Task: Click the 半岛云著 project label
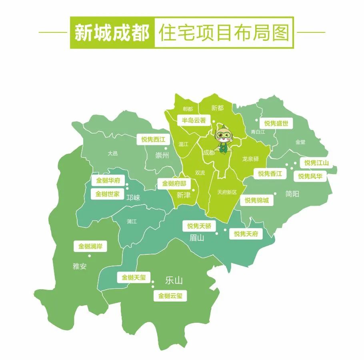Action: [x=194, y=120]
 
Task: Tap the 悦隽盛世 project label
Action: [x=276, y=124]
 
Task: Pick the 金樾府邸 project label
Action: [x=174, y=184]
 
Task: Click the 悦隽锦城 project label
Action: [x=257, y=200]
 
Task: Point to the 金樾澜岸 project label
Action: [x=90, y=246]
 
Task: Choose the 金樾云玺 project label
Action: [x=170, y=296]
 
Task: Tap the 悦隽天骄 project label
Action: [x=199, y=226]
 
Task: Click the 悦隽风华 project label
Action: [x=310, y=176]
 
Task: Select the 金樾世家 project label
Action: [x=107, y=194]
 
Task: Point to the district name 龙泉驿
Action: [x=250, y=159]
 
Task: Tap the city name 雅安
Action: [x=80, y=266]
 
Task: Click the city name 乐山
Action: [x=174, y=280]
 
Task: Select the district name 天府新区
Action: [x=227, y=192]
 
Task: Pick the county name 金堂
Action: [x=300, y=142]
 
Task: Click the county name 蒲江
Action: [x=131, y=221]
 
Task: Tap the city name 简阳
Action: [x=292, y=194]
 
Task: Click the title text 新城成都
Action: [x=112, y=33]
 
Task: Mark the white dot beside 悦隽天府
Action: [x=225, y=230]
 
